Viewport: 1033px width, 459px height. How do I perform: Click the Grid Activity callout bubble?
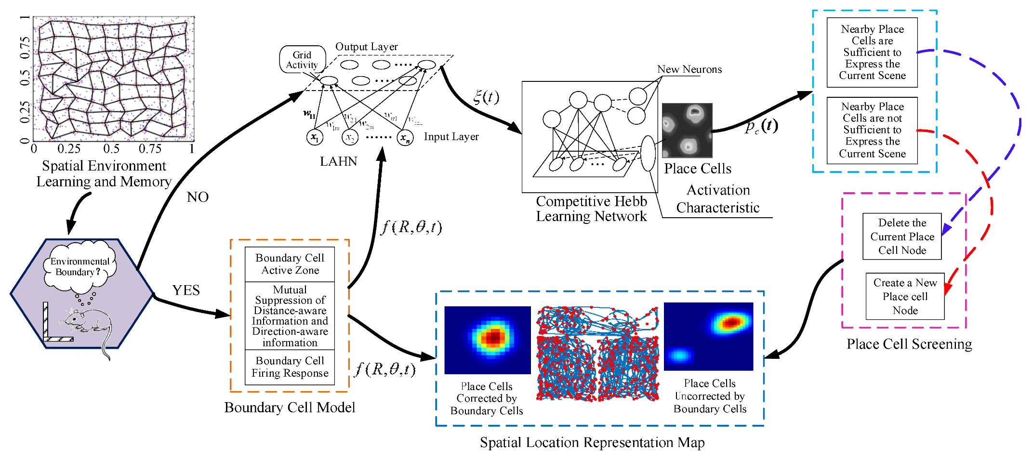[x=302, y=60]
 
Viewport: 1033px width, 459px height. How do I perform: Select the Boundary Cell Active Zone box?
[x=290, y=264]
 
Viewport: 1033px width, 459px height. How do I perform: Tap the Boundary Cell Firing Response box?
[x=290, y=367]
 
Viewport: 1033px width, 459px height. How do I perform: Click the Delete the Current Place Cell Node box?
[x=902, y=236]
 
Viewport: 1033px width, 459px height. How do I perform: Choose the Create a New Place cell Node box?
[x=905, y=296]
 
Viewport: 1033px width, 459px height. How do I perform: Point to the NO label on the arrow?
[x=198, y=197]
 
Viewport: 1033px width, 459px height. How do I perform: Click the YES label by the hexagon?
[x=186, y=290]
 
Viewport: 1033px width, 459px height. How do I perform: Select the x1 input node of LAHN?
[x=315, y=137]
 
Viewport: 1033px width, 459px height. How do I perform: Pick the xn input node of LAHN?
[x=405, y=138]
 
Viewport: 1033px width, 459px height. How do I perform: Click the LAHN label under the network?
[x=338, y=161]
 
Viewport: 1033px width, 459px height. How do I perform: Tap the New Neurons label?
[x=689, y=69]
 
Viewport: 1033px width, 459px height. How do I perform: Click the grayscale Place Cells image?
[x=687, y=130]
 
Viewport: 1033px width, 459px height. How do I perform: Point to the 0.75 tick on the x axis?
[x=150, y=149]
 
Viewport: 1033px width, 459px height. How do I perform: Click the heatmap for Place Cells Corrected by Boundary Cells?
[x=487, y=340]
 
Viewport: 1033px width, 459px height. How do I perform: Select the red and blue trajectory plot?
[x=597, y=354]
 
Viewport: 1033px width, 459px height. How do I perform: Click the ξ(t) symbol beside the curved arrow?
[x=486, y=97]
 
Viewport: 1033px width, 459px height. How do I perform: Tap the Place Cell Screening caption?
[x=909, y=344]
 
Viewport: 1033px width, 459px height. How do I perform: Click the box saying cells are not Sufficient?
[x=872, y=130]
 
